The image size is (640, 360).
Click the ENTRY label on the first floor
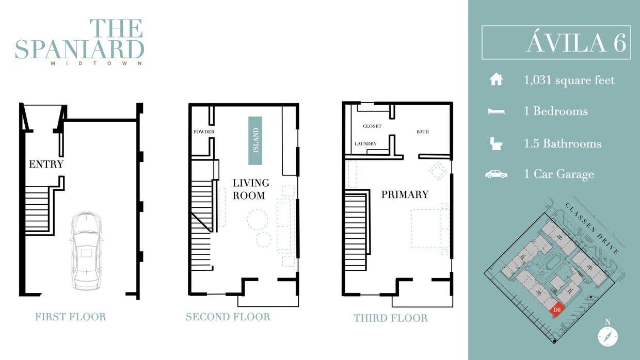click(x=46, y=165)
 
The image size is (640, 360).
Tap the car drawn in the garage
click(x=86, y=250)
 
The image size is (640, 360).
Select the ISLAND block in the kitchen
click(x=255, y=140)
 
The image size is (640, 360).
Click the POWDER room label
click(x=204, y=132)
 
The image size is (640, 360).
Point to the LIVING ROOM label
click(x=250, y=189)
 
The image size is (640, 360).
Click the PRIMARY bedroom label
click(x=405, y=194)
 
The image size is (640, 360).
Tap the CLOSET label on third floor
click(x=372, y=126)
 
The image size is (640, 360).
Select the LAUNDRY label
click(x=365, y=144)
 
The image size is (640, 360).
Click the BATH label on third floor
click(x=423, y=132)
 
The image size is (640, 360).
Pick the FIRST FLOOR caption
click(x=70, y=317)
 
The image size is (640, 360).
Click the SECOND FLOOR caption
click(x=228, y=317)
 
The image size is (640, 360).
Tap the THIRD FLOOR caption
click(x=391, y=318)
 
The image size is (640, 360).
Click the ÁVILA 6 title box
click(x=556, y=43)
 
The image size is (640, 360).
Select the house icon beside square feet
click(x=496, y=80)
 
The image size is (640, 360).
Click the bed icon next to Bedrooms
click(x=496, y=111)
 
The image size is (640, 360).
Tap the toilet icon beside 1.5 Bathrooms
click(x=496, y=143)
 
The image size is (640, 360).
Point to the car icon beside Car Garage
click(x=496, y=174)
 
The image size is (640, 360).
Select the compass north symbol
click(x=608, y=335)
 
